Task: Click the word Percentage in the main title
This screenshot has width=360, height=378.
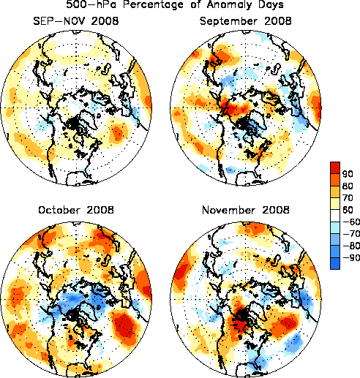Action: pos(153,4)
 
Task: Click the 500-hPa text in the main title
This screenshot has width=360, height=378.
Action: pos(91,4)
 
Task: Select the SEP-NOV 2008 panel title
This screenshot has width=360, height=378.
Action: pos(76,21)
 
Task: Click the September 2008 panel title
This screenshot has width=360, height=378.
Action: pos(245,21)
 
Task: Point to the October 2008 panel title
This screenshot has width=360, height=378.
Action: pos(76,210)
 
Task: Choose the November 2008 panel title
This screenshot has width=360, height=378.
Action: pos(246,210)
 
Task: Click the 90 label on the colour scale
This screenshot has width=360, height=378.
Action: pos(348,174)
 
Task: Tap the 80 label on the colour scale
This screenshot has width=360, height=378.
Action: pos(348,186)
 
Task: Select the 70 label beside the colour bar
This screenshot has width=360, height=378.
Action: pos(348,197)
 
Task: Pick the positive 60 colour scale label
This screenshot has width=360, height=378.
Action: pos(348,210)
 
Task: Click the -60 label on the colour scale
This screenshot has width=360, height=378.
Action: pos(351,222)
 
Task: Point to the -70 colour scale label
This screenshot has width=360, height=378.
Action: pos(351,233)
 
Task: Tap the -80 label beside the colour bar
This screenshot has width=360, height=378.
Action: pos(351,246)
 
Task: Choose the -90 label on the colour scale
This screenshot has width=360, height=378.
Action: pos(351,257)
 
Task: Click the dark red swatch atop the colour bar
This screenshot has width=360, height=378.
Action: pos(335,168)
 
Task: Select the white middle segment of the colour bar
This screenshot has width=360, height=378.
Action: pos(335,216)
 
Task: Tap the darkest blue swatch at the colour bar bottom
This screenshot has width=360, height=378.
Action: pos(335,263)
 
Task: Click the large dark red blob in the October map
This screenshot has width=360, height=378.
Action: pos(125,326)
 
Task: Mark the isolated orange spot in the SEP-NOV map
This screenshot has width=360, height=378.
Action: pos(118,132)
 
